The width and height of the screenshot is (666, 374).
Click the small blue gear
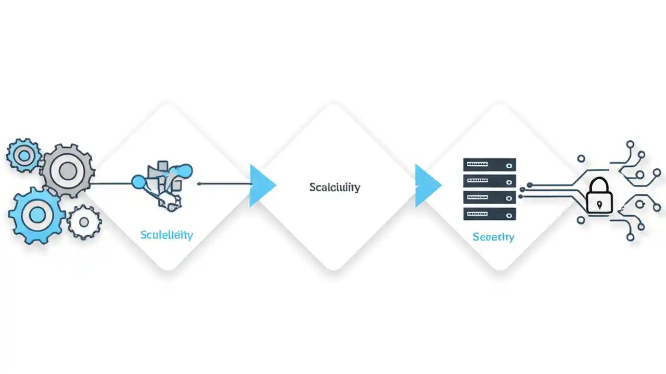point(23,154)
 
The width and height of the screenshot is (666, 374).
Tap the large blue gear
point(37,215)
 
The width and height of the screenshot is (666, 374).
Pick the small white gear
point(84,222)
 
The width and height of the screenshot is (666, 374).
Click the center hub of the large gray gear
point(68,170)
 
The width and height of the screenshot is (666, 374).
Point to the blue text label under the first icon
point(166,235)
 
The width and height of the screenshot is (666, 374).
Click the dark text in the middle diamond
point(335,187)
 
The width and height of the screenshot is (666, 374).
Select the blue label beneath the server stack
point(493,237)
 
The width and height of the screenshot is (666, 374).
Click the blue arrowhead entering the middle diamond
point(262,185)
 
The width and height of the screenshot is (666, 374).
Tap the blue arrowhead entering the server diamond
point(427,185)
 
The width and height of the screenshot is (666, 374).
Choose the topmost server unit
point(489,165)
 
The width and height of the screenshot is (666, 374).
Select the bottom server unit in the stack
point(489,213)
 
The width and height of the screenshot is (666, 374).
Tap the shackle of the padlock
point(599,185)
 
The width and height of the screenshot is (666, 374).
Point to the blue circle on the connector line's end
point(138,181)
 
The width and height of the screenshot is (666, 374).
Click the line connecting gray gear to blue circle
point(112,183)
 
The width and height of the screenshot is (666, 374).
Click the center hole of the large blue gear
point(37,215)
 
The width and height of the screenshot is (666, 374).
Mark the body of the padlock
point(599,203)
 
